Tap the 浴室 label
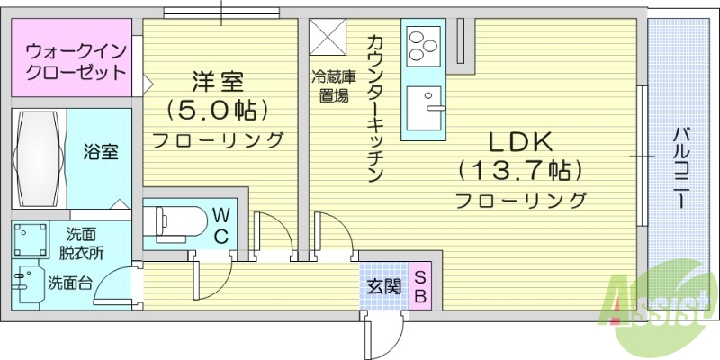click(101, 152)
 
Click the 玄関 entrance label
click(382, 287)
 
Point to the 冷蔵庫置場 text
click(330, 86)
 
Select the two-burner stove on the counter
click(422, 43)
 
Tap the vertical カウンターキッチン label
click(375, 108)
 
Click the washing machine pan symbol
click(30, 240)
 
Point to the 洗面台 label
click(70, 283)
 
